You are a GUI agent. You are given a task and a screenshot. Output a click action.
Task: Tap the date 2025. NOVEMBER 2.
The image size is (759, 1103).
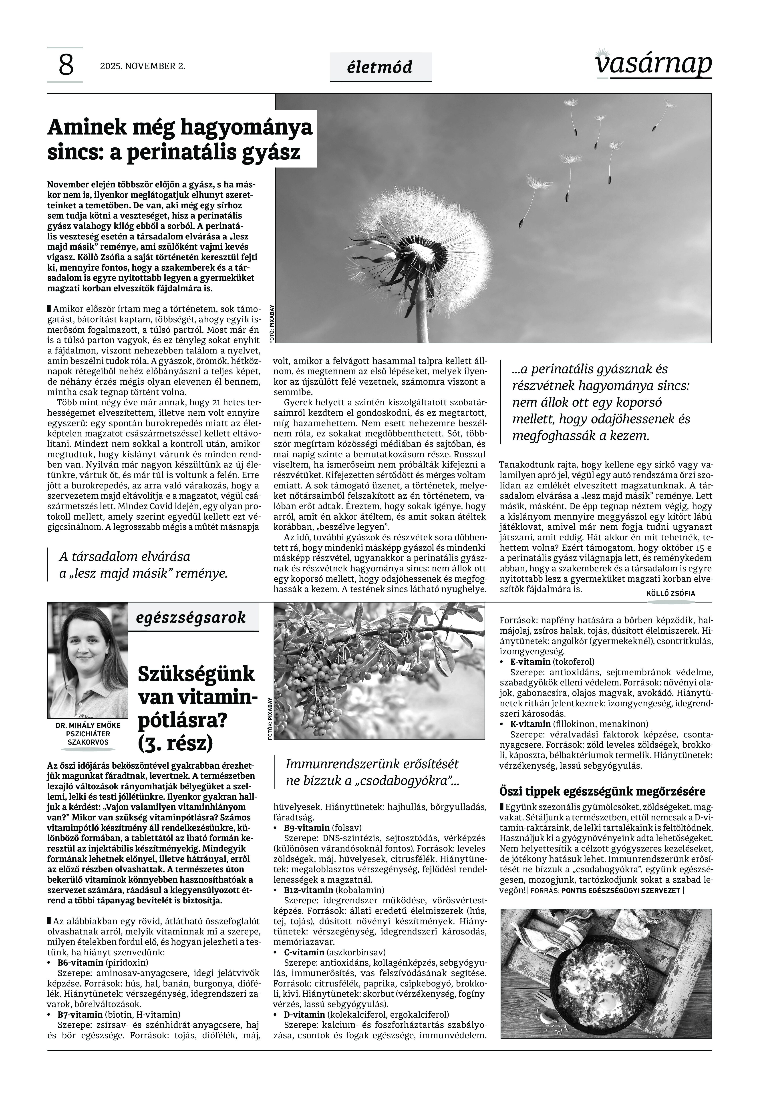(x=142, y=66)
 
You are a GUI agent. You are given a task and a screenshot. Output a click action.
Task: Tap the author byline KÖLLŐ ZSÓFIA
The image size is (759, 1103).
(x=670, y=593)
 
